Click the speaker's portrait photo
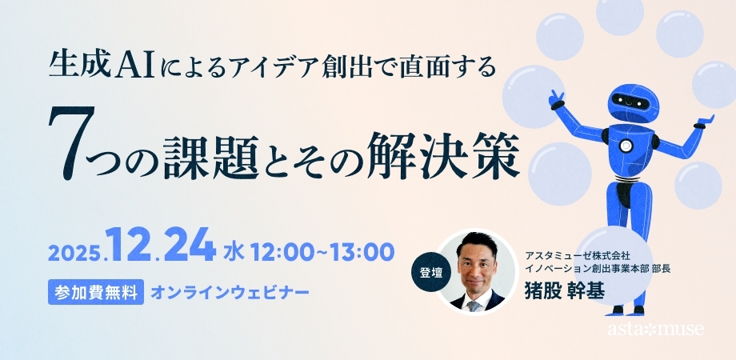(x=477, y=273)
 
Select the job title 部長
(x=653, y=268)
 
